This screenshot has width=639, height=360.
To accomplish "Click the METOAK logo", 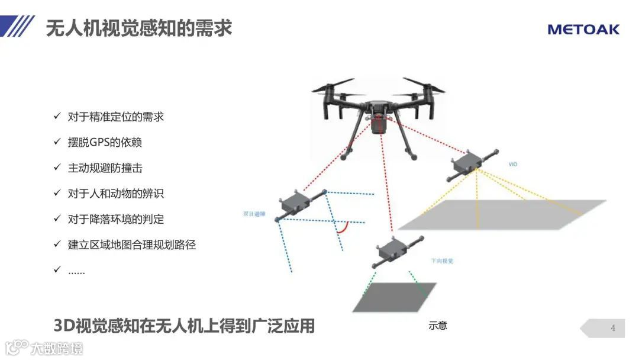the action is (583, 29).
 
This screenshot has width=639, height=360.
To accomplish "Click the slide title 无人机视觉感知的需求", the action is (138, 27).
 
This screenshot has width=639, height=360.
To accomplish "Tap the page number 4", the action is (613, 328).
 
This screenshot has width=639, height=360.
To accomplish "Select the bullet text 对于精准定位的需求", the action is (115, 117).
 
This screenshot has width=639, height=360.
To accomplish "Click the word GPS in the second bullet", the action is (101, 142).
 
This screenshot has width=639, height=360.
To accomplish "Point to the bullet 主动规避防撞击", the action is (105, 168).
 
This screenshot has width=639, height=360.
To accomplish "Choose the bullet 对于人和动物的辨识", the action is (115, 193).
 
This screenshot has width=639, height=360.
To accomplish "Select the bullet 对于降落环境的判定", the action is (115, 219).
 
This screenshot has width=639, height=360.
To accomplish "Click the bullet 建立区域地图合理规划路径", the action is (131, 245).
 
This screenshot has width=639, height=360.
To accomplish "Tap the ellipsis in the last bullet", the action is (76, 271).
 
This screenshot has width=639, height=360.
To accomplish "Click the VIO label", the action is (512, 164).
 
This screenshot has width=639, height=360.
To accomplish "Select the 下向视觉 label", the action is (442, 261).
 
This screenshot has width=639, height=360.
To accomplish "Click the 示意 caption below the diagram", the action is (438, 326).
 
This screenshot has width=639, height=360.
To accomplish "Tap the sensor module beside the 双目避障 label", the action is (296, 202).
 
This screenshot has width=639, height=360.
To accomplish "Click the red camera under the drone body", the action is (376, 124).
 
